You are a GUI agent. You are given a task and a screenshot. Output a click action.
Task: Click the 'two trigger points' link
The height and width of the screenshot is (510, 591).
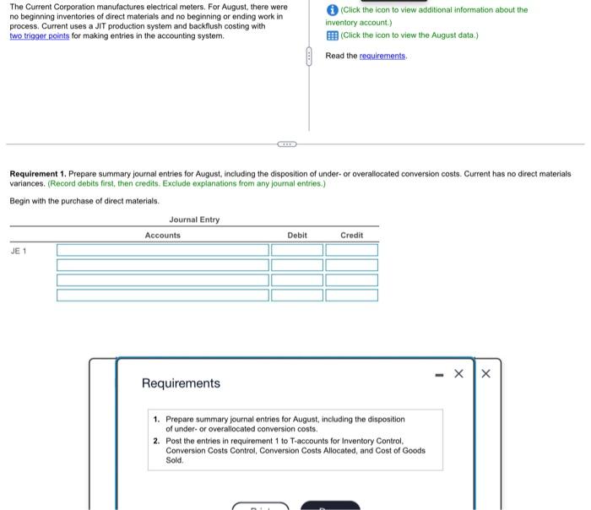[40, 36]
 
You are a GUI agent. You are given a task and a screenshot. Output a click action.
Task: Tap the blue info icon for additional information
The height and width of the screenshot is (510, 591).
[332, 10]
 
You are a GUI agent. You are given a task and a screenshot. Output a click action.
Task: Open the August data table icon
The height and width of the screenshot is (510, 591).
[332, 35]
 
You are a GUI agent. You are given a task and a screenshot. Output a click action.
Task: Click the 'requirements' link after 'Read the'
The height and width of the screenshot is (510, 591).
[382, 56]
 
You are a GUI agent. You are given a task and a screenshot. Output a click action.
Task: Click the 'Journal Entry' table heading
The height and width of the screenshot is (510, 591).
[194, 220]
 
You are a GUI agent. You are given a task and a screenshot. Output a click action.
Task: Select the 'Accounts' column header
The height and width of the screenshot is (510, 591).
[162, 236]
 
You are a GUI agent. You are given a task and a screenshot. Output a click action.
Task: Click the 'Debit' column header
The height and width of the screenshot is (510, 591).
[297, 236]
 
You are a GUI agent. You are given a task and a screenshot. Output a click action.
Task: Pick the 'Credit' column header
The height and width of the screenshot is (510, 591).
[351, 236]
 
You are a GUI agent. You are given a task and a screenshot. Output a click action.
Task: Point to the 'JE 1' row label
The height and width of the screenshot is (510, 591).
[19, 251]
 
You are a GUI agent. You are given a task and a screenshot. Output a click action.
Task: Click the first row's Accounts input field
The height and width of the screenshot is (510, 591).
[162, 250]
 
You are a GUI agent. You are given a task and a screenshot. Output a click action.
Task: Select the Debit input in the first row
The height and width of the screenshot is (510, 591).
[297, 250]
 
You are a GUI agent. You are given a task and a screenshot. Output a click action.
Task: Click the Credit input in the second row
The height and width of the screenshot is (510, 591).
[352, 265]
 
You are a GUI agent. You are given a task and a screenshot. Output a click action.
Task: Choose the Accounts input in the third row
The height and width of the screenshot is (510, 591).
[162, 280]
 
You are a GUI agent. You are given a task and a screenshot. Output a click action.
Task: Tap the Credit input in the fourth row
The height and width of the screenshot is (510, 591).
[352, 296]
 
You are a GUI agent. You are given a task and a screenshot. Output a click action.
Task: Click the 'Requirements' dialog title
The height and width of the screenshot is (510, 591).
[181, 383]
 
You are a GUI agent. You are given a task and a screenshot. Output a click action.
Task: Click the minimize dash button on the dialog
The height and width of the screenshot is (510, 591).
[436, 373]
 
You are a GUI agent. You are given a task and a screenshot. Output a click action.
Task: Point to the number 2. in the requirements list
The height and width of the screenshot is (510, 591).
[157, 441]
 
